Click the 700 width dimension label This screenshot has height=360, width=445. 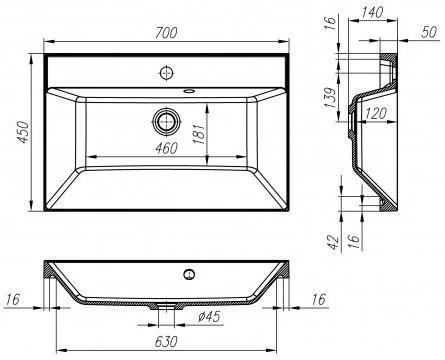point(166,33)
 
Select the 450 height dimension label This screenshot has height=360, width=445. point(24,132)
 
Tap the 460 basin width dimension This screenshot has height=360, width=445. point(166,148)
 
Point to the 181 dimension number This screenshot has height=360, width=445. point(199,134)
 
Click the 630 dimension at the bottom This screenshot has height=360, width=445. point(166,342)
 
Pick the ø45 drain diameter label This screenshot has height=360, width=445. point(209,316)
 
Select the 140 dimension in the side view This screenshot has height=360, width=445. point(372,13)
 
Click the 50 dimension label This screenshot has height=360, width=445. point(429,32)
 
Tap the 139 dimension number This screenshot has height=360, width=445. point(331,98)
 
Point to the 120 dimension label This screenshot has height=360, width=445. point(376,114)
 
